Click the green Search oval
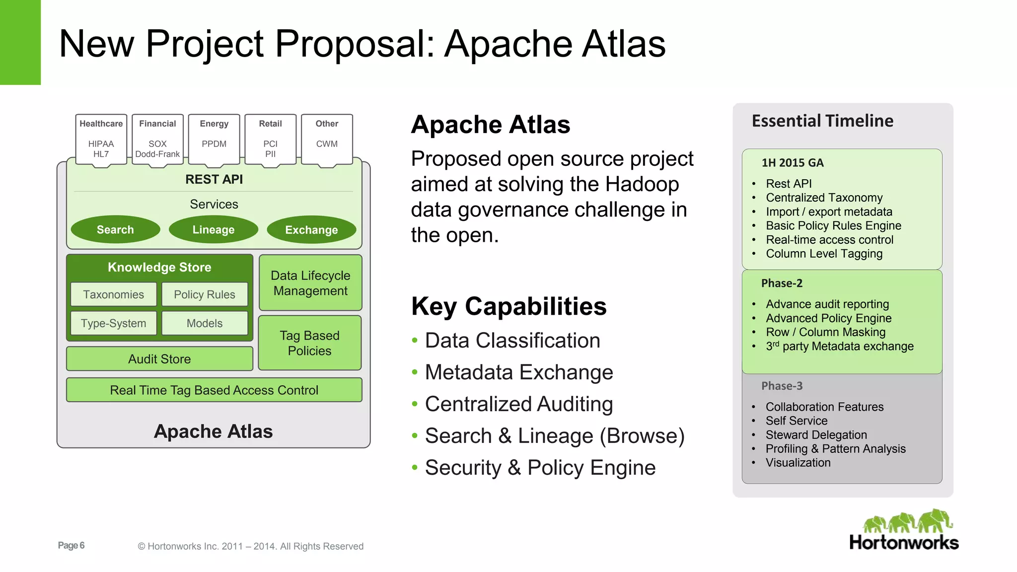[115, 229]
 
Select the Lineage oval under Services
[214, 229]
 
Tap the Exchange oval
[311, 229]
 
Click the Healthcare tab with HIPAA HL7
[101, 139]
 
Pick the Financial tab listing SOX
[157, 139]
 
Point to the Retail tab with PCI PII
[270, 139]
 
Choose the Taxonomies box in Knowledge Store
[114, 294]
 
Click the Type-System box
[114, 323]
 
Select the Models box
[205, 323]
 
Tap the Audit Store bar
[159, 358]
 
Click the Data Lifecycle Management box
[310, 283]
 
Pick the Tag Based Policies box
[310, 343]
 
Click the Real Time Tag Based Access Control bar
[214, 390]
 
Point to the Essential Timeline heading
[822, 121]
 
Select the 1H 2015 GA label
[793, 163]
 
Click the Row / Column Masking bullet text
[825, 332]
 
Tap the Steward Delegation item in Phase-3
[816, 435]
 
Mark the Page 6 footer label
[71, 545]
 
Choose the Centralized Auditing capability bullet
[519, 404]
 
